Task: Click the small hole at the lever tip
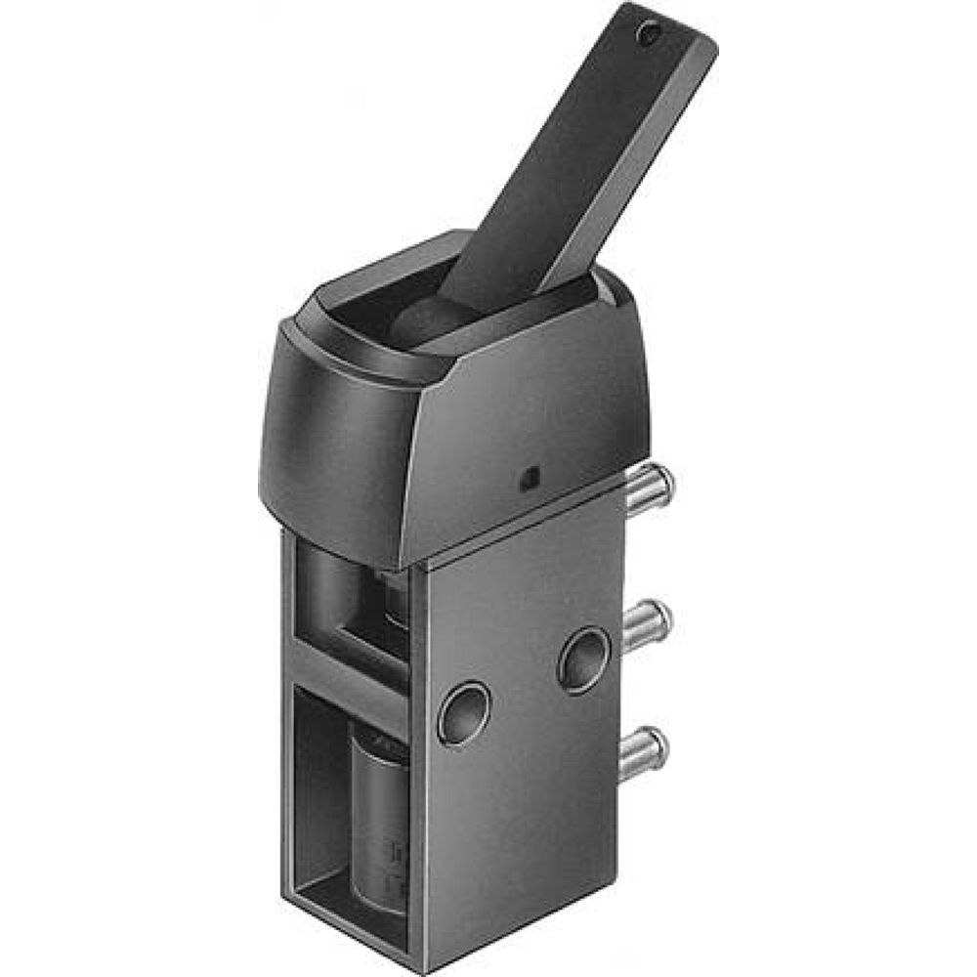pyautogui.click(x=646, y=35)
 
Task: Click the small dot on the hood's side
pyautogui.click(x=528, y=478)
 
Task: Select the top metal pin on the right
pyautogui.click(x=649, y=486)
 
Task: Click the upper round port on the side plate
pyautogui.click(x=583, y=660)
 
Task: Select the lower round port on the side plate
pyautogui.click(x=463, y=712)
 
